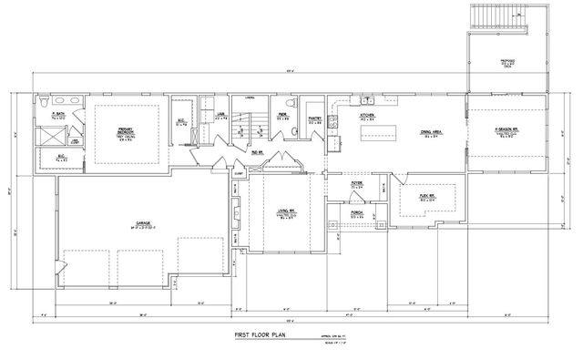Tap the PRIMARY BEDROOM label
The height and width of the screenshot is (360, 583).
pyautogui.click(x=127, y=132)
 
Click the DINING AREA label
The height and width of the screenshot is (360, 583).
pyautogui.click(x=431, y=132)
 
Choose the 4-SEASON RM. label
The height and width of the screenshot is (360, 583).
pyautogui.click(x=506, y=130)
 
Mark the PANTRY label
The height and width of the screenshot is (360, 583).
pyautogui.click(x=315, y=118)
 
